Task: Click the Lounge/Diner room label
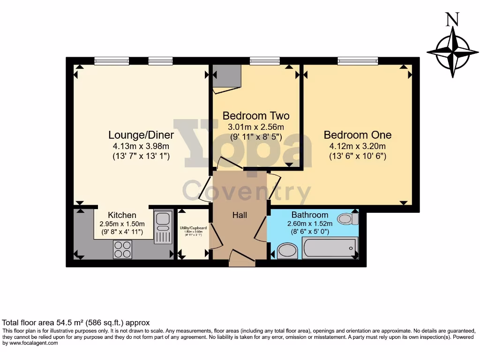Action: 141,135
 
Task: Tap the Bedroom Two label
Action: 256,116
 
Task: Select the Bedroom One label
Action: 358,135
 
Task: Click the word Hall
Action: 240,215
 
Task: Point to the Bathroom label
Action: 310,215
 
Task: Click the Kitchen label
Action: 122,215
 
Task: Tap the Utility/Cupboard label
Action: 193,228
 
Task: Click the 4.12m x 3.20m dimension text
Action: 358,146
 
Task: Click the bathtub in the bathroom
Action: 330,247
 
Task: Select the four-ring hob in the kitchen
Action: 122,249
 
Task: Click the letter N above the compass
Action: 452,20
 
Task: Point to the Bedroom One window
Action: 358,60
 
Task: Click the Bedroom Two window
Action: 264,60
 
